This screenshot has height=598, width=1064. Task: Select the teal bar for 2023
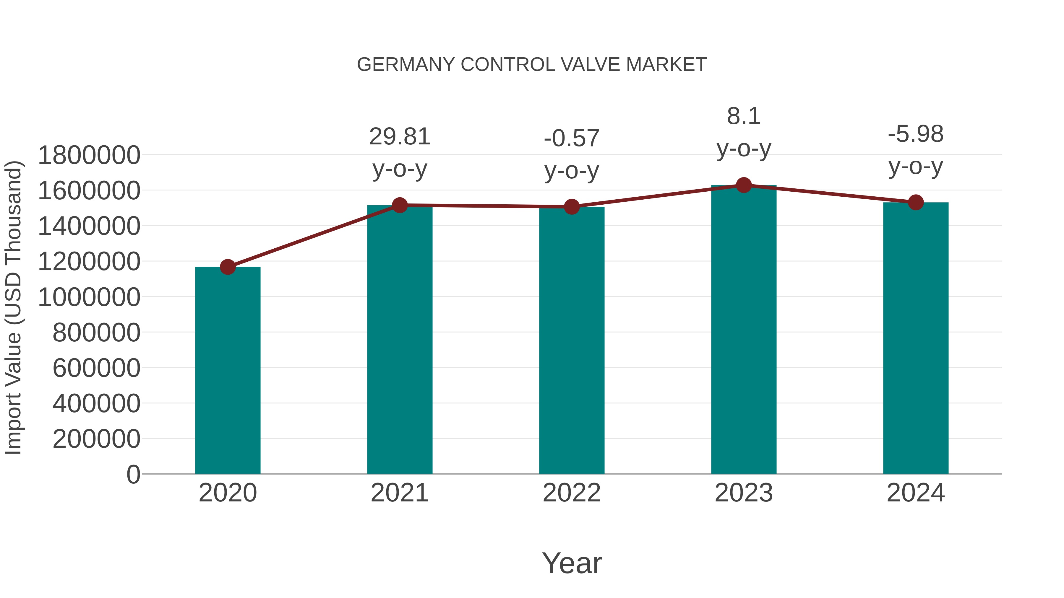coord(744,330)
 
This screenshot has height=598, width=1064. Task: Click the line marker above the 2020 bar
coord(228,267)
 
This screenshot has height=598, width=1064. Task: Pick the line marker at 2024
coord(916,202)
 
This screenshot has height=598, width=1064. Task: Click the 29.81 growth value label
coord(399,137)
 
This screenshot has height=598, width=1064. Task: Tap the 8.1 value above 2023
coord(744,116)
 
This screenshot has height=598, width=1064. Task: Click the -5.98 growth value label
coord(916,134)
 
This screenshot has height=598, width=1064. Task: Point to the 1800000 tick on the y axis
coord(89,156)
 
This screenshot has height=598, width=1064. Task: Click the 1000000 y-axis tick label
coord(89,297)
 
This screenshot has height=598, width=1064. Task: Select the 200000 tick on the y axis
coord(96,439)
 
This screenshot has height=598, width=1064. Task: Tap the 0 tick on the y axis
coord(133,474)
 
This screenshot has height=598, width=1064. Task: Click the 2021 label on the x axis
coord(399,493)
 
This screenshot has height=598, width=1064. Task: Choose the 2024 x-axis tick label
coord(916,493)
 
